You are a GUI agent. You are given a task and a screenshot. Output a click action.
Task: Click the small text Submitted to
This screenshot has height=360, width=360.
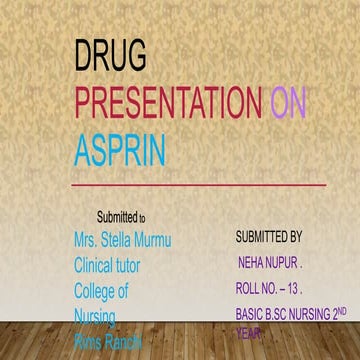point(121,217)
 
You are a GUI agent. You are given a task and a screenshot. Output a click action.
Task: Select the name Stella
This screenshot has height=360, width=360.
point(127,241)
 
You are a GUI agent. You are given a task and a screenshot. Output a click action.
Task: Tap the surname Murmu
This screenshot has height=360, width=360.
point(176,241)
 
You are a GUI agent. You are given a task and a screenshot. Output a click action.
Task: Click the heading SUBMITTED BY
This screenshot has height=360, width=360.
point(268,239)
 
